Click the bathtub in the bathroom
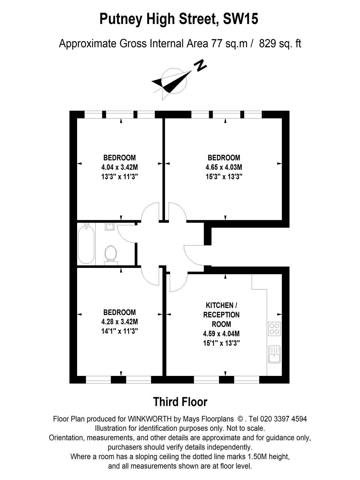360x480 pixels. tap(86, 244)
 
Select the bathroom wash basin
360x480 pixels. tap(109, 226)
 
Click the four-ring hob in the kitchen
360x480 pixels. tap(274, 329)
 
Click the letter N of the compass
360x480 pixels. tap(200, 65)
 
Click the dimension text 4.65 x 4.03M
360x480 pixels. tap(224, 167)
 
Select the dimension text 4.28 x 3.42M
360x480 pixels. tap(119, 322)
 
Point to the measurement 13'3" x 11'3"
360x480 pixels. tap(119, 177)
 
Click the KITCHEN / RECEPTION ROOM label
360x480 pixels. tap(221, 314)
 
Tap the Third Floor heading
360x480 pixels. tap(180, 402)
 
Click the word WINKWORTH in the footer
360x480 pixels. tap(150, 419)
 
